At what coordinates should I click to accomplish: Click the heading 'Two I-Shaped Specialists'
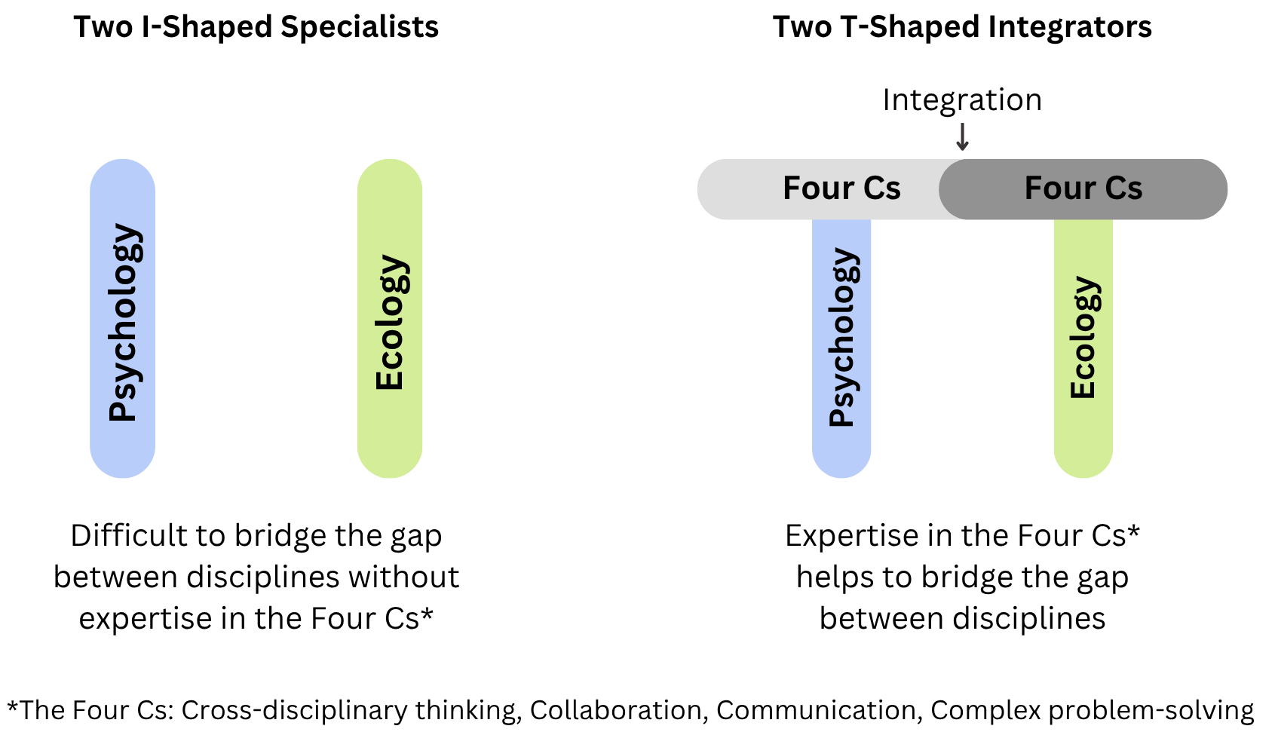point(256,27)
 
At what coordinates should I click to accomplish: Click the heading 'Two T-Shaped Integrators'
point(962,27)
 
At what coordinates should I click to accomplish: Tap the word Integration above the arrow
point(962,100)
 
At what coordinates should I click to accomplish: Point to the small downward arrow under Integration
point(962,137)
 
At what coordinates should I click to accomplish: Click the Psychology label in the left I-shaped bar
point(123,322)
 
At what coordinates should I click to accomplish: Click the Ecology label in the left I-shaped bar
point(390,322)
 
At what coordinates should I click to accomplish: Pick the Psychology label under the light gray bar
point(842,337)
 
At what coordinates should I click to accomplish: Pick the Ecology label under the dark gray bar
point(1083,337)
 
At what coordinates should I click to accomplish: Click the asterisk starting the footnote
point(13,706)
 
